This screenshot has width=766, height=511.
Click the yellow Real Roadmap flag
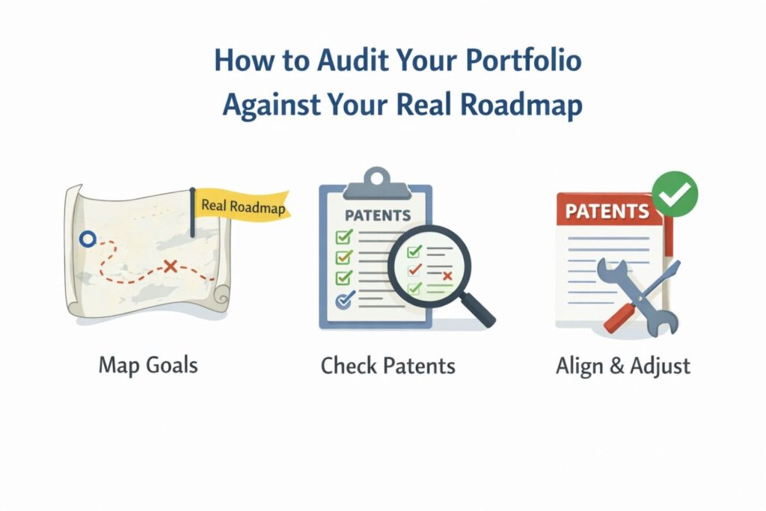(242, 206)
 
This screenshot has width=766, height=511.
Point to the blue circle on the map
(88, 239)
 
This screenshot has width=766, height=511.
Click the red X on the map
(171, 265)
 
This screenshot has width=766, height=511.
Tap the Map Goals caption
(148, 366)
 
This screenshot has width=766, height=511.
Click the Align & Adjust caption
(623, 366)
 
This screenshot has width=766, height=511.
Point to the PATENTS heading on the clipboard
(377, 215)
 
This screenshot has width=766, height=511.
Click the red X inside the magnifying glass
(447, 277)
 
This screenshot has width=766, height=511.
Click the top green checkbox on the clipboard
(344, 237)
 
